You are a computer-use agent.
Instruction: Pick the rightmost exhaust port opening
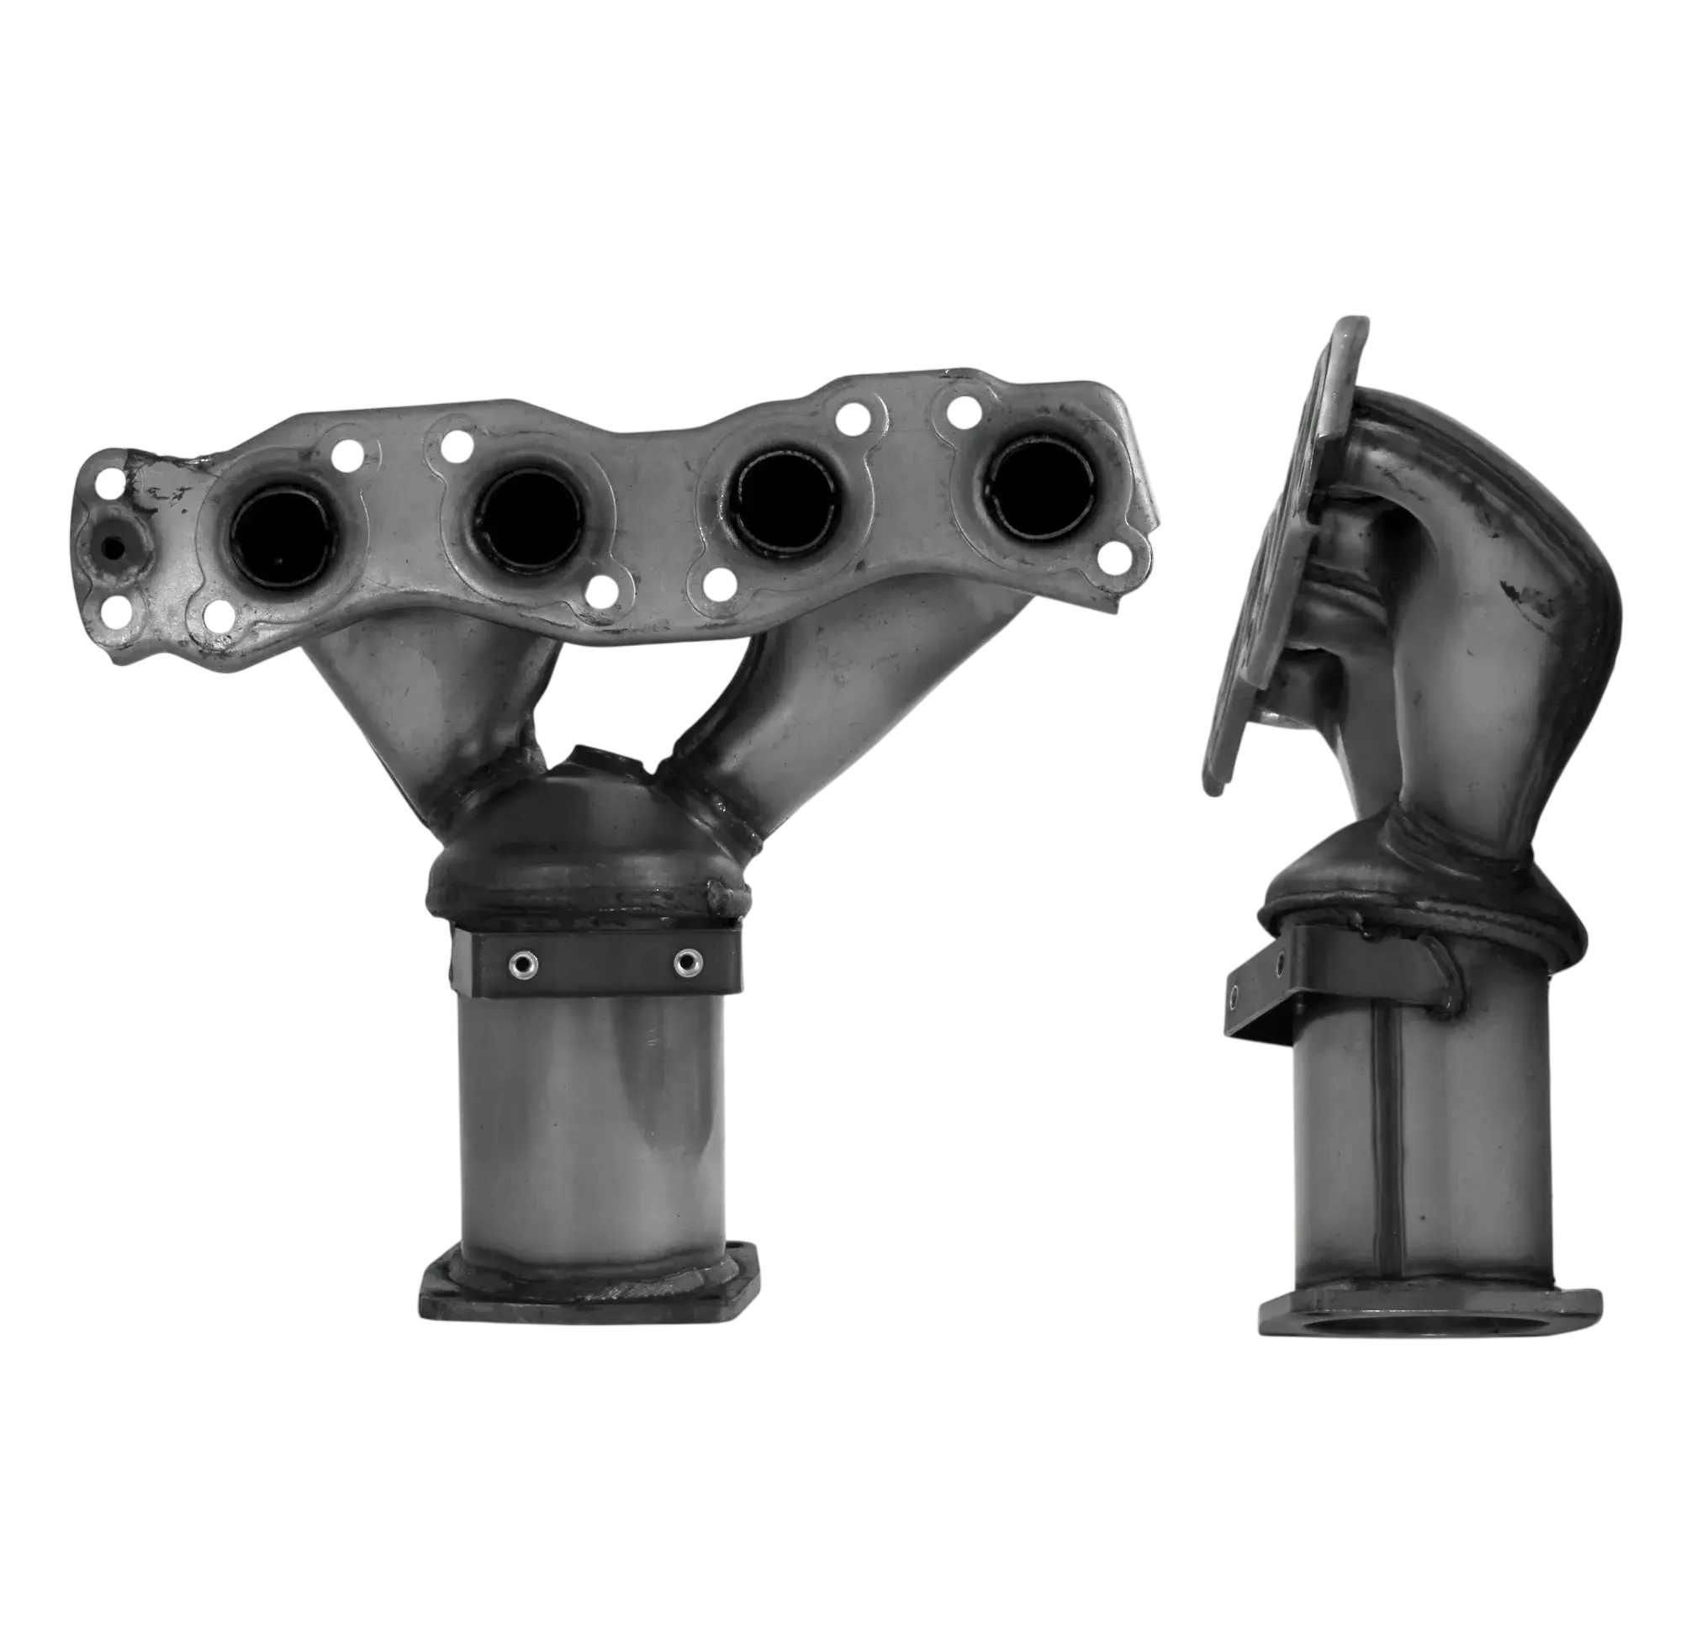point(1037,488)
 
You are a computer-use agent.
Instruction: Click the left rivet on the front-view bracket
point(523,963)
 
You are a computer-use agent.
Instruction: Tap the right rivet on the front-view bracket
point(688,961)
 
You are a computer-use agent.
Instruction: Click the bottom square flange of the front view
point(587,1291)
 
